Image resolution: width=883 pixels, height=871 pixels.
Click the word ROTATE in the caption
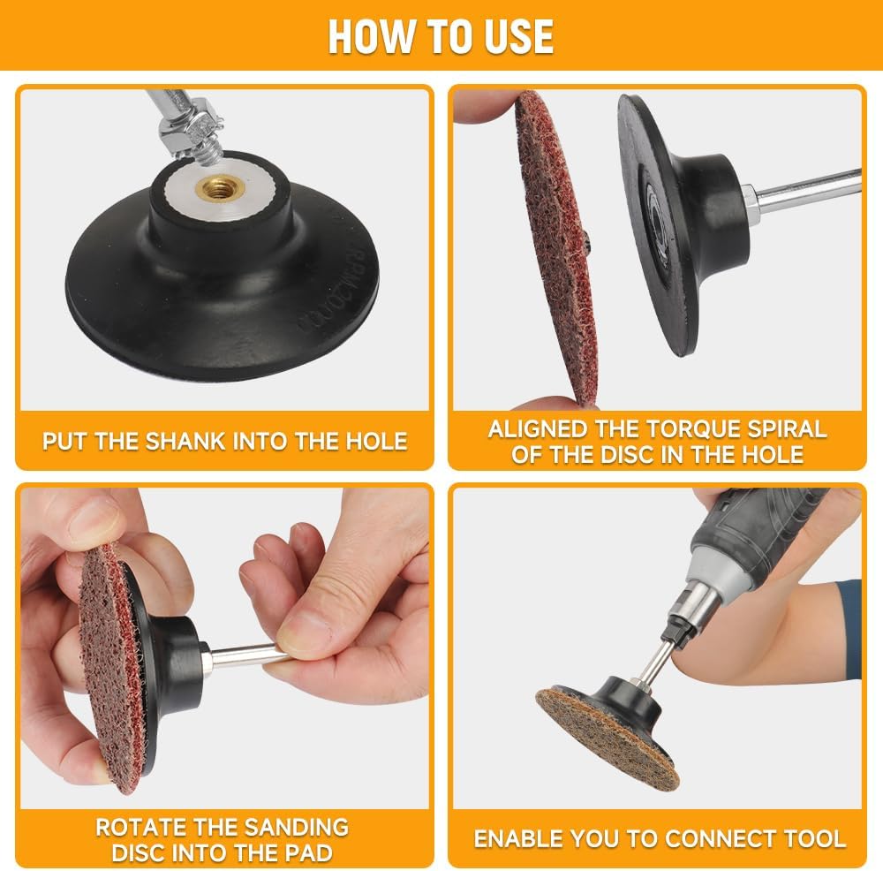click(x=140, y=827)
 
